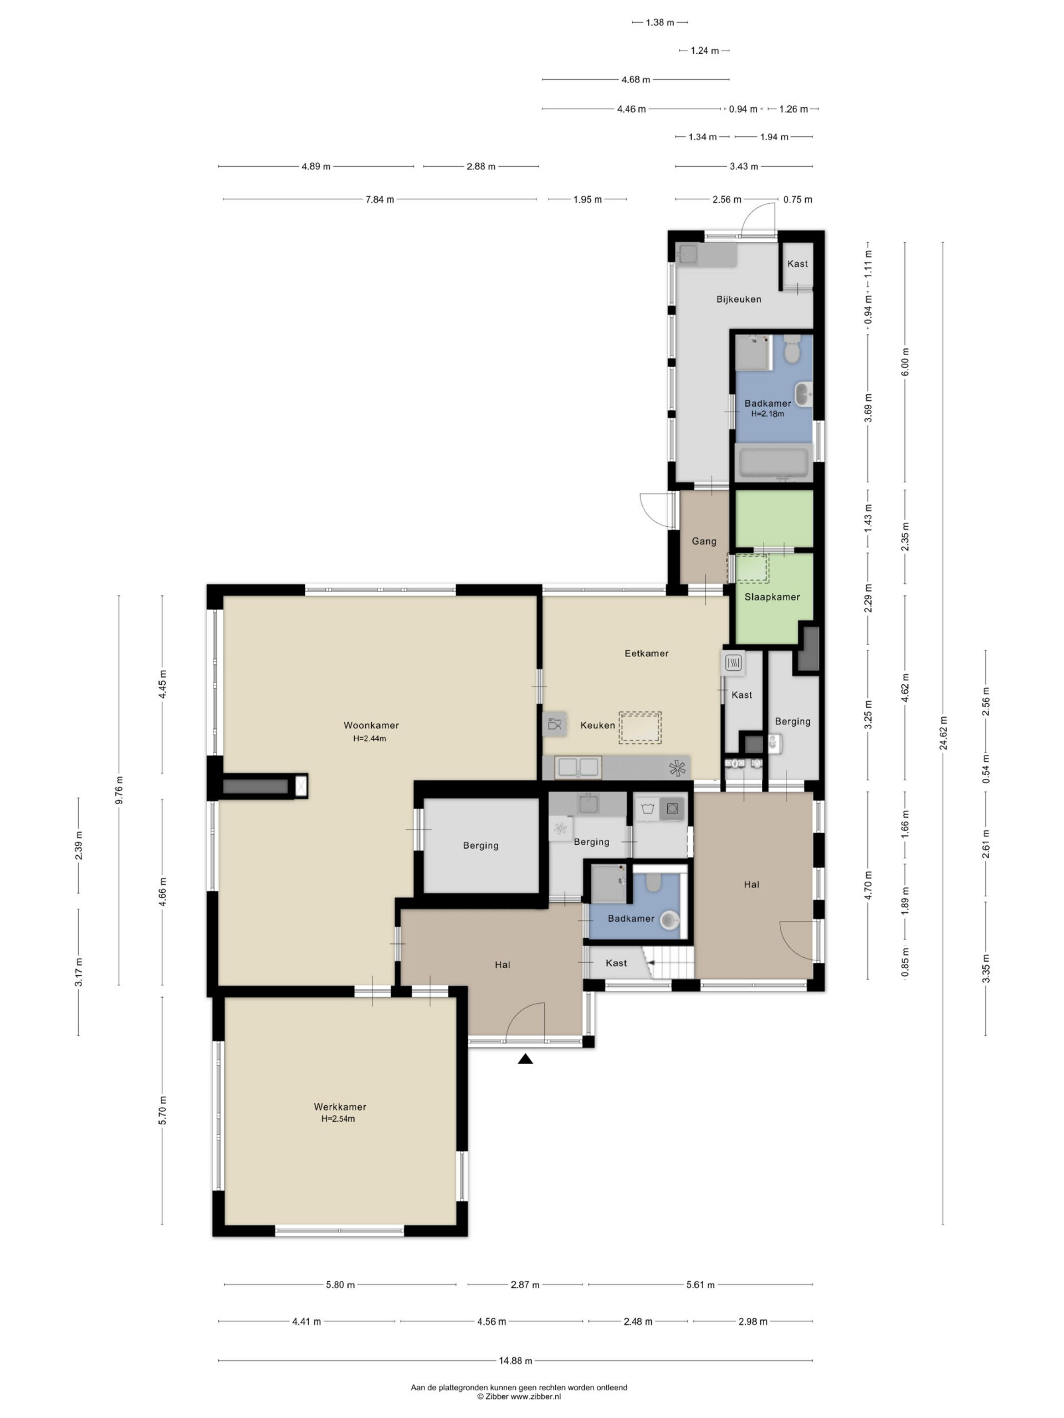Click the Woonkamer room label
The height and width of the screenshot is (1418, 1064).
[371, 725]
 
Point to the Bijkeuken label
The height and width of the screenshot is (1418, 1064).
[739, 299]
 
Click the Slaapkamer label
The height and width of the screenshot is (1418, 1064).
[772, 597]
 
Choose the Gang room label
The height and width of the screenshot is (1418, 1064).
[704, 542]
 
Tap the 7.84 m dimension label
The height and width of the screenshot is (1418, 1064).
[380, 199]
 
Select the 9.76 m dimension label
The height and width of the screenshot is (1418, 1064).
[119, 789]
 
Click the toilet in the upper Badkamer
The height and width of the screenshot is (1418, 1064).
[791, 350]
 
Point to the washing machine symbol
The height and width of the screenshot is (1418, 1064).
[672, 809]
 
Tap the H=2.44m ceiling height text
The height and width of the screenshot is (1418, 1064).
[370, 738]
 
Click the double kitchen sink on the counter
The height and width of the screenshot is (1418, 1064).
[579, 767]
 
